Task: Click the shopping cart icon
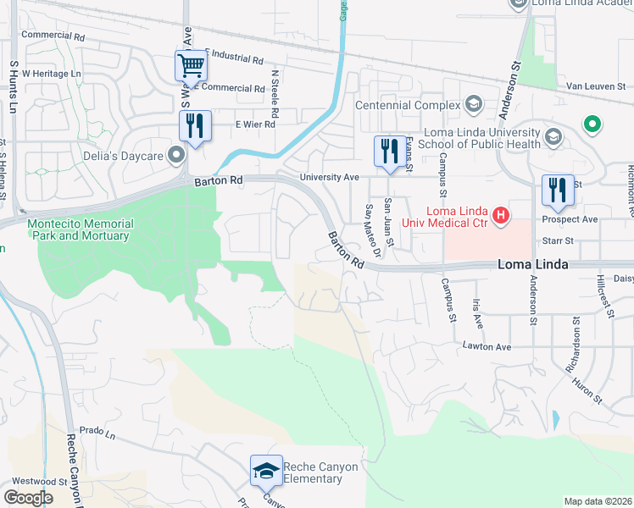[192, 64]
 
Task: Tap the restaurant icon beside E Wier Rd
[196, 127]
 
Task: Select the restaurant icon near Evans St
[389, 152]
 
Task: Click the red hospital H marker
[501, 216]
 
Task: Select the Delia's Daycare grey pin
[176, 154]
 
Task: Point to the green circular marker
[592, 126]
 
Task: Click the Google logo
[28, 497]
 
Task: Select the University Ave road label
[330, 177]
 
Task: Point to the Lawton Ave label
[487, 346]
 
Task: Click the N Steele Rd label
[275, 94]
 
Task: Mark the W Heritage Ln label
[51, 74]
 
